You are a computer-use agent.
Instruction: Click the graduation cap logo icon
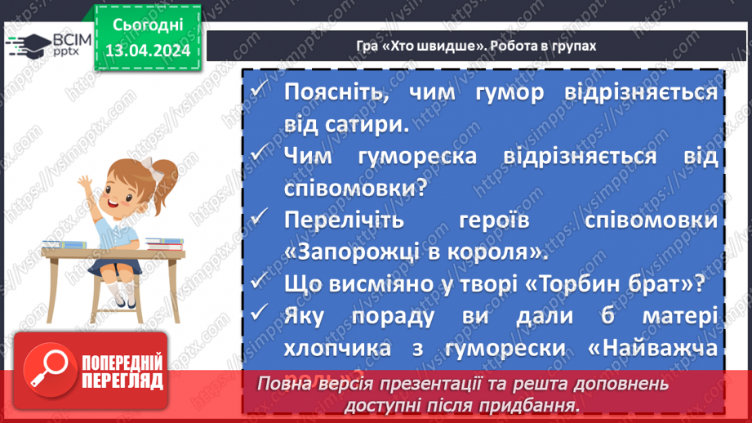point(31,44)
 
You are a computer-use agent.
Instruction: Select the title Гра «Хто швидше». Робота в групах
point(476,46)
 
